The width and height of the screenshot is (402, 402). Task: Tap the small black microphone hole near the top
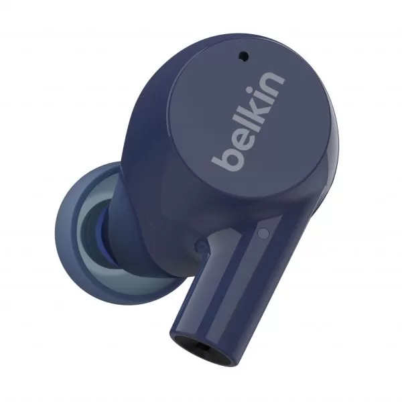[244, 56]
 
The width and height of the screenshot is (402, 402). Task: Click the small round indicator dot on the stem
[263, 232]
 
